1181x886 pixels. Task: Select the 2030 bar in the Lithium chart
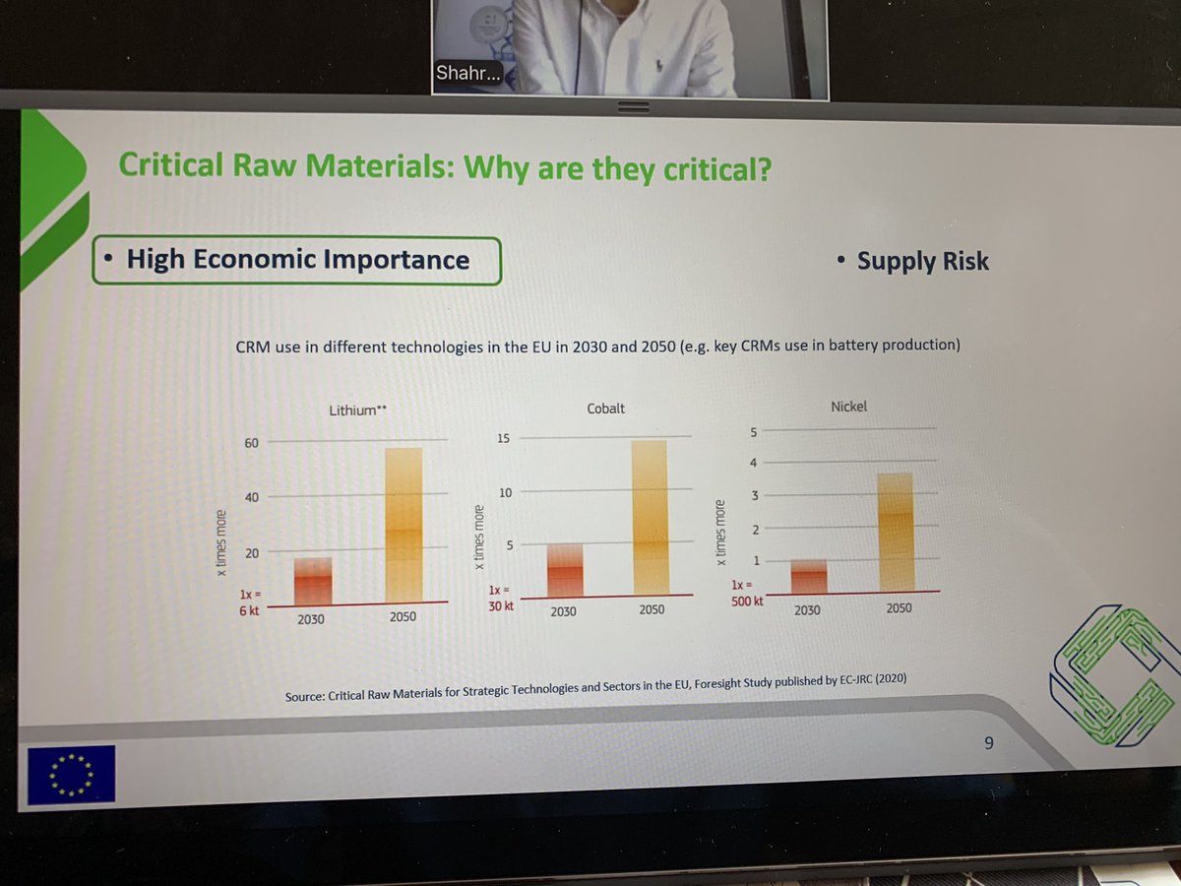pyautogui.click(x=313, y=581)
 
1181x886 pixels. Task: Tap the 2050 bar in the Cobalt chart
pyautogui.click(x=650, y=518)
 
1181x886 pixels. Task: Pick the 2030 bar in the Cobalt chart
pyautogui.click(x=565, y=570)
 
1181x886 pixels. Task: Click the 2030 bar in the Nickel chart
pyautogui.click(x=808, y=576)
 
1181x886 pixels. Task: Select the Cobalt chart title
pyautogui.click(x=605, y=408)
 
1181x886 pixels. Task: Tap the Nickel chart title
pyautogui.click(x=848, y=406)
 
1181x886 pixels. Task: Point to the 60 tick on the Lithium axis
pyautogui.click(x=251, y=443)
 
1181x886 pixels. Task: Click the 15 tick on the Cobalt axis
pyautogui.click(x=503, y=437)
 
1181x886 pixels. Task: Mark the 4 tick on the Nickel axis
pyautogui.click(x=754, y=463)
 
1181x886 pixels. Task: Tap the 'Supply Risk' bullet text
pyautogui.click(x=922, y=261)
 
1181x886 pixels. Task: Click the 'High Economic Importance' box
pyautogui.click(x=297, y=260)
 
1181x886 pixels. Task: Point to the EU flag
pyautogui.click(x=72, y=773)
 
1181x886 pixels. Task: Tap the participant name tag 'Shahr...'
pyautogui.click(x=468, y=76)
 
